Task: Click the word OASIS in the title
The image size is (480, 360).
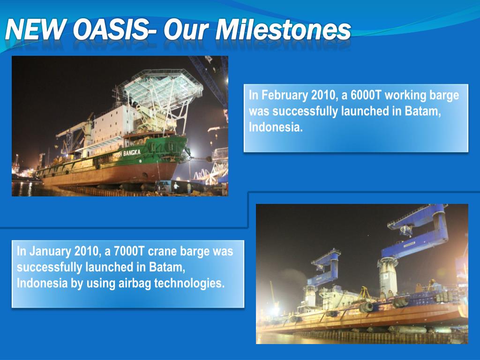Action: click(110, 30)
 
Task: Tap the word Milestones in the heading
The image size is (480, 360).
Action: click(284, 30)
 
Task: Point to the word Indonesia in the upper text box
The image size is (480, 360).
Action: click(276, 127)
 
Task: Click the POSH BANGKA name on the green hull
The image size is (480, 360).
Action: click(127, 153)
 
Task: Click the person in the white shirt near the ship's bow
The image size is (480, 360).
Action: click(176, 187)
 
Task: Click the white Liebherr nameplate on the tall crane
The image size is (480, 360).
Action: click(409, 244)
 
